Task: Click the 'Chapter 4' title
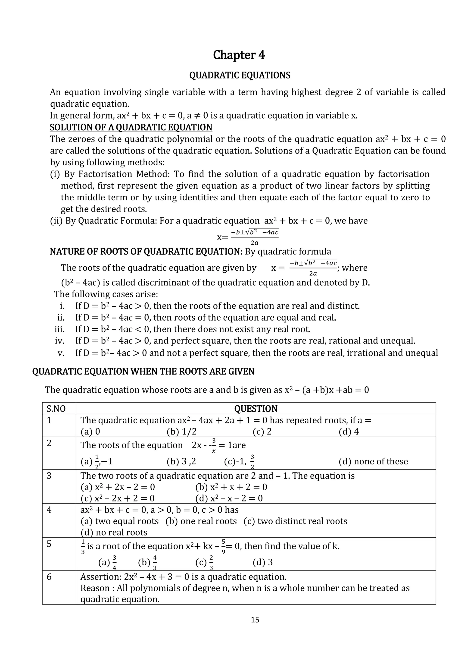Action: point(239,55)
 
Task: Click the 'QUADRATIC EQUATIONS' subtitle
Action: point(240,76)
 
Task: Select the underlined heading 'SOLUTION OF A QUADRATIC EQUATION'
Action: point(131,127)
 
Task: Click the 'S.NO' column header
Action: point(56,409)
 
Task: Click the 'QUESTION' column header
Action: point(256,409)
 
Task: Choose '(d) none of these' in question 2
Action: point(373,461)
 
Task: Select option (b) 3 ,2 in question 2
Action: point(181,461)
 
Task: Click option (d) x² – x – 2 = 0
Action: point(229,498)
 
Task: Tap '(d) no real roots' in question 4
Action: point(114,532)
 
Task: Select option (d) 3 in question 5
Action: point(262,562)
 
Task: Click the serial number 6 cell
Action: point(49,577)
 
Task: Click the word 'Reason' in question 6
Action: point(93,588)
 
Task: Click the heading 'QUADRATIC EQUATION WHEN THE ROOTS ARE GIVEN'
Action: point(143,372)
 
